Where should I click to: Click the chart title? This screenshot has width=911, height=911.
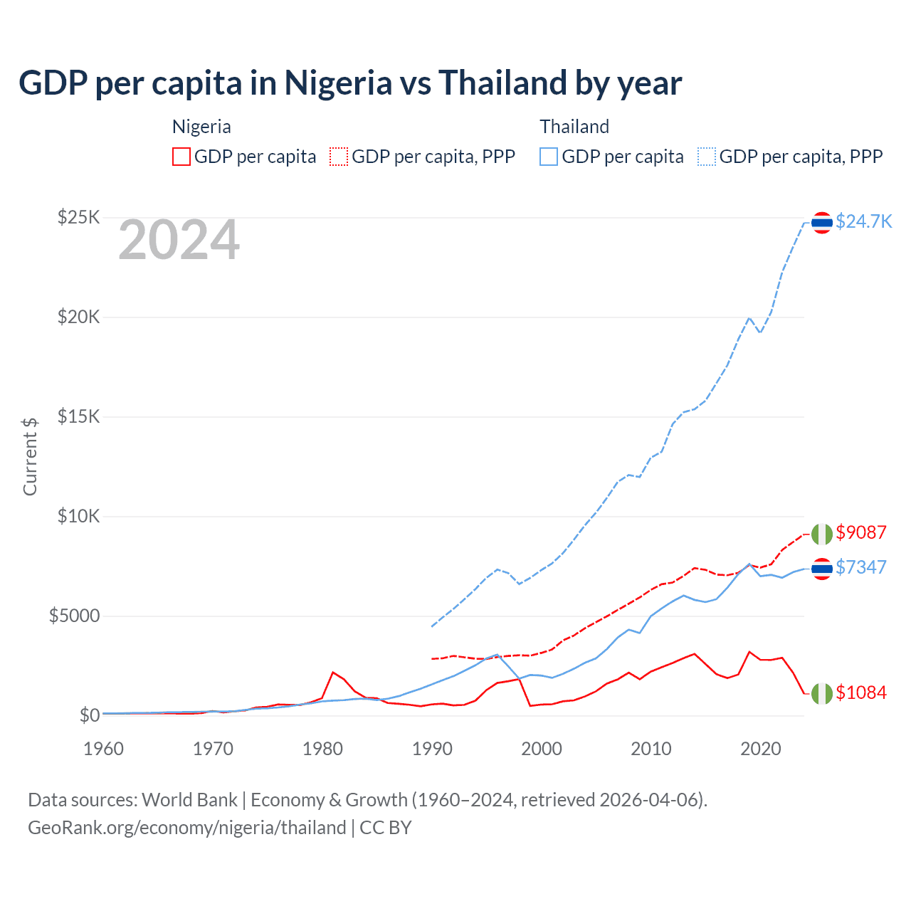tap(350, 83)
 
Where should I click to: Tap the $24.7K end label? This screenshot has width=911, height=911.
tap(863, 221)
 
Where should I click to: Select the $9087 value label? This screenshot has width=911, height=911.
tap(861, 532)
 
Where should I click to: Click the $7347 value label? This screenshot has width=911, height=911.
tap(861, 567)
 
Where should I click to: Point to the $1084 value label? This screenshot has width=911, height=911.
tap(861, 693)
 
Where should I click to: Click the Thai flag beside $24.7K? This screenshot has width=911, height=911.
tap(822, 223)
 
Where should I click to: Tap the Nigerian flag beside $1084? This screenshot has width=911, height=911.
tap(822, 693)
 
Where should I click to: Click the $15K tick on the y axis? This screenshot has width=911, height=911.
tap(78, 416)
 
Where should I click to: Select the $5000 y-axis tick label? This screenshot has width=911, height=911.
tap(74, 616)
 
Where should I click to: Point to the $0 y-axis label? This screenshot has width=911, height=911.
tap(89, 715)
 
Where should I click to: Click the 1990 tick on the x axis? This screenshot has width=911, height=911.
tap(432, 749)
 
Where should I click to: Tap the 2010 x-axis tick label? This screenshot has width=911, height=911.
tap(651, 749)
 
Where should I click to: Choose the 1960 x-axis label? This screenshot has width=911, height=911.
tap(104, 749)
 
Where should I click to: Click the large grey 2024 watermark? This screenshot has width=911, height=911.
tap(179, 241)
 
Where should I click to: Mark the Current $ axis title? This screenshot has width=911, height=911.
tap(30, 456)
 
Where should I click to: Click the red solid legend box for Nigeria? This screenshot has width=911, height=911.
tap(181, 157)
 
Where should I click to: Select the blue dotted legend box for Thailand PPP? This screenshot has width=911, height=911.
tap(707, 157)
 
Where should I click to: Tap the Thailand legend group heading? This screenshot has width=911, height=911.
tap(574, 127)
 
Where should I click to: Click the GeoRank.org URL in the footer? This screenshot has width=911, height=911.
tap(186, 828)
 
